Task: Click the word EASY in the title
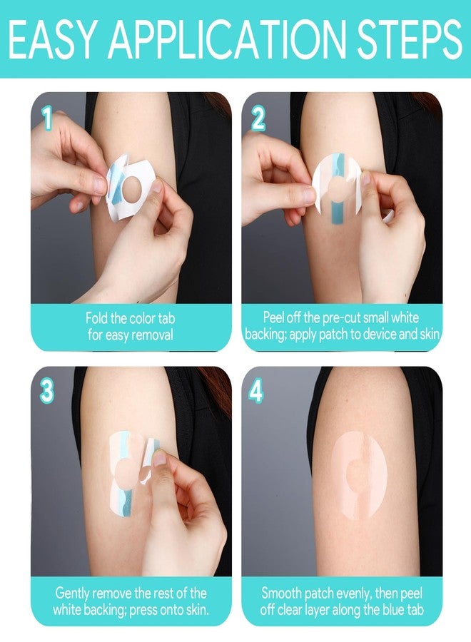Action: [51, 39]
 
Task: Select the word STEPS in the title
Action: [409, 39]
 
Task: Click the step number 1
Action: [48, 119]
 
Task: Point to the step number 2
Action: [258, 119]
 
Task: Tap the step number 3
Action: [46, 391]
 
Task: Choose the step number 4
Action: [256, 391]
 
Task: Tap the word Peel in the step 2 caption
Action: [273, 317]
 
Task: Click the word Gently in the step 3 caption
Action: [74, 593]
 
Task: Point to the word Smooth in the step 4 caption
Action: [281, 593]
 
